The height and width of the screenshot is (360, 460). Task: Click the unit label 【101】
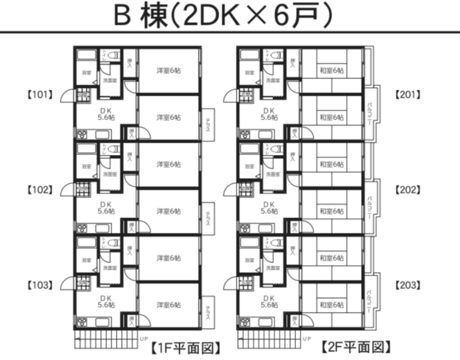[39, 94]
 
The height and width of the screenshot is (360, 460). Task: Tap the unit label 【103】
[39, 285]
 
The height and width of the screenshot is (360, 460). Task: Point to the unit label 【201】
[409, 94]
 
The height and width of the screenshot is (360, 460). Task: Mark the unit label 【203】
[409, 285]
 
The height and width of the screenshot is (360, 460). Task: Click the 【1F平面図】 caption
[187, 347]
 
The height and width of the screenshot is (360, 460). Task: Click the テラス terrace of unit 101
[207, 125]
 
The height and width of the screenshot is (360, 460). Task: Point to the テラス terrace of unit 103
[207, 313]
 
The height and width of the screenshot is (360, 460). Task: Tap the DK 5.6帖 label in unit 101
[105, 114]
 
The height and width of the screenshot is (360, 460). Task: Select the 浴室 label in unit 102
[87, 166]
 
